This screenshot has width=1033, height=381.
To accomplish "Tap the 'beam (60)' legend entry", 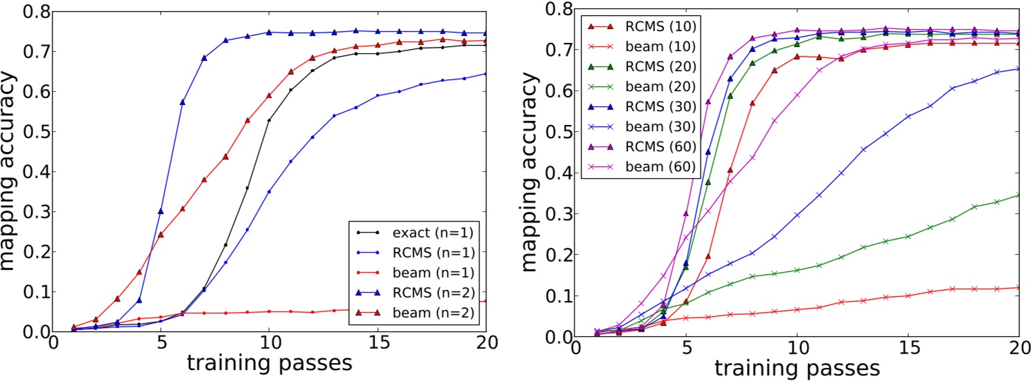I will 634,168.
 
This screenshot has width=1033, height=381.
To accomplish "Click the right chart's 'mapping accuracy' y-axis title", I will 534,173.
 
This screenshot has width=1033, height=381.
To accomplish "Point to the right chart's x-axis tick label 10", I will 797,349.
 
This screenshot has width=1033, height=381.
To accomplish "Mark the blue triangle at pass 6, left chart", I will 183,102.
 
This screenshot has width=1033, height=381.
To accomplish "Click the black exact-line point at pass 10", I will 269,121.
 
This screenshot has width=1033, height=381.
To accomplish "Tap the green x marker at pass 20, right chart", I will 1019,195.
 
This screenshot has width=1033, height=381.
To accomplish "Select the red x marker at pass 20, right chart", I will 1019,287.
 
